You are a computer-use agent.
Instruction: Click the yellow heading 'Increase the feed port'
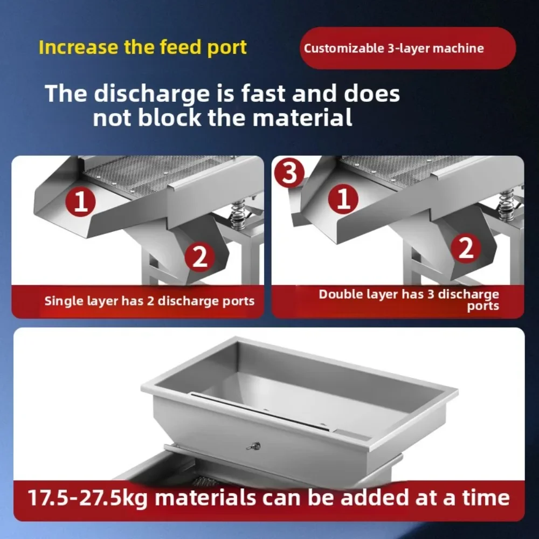pos(143,47)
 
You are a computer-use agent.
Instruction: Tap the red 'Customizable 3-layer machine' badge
pos(407,48)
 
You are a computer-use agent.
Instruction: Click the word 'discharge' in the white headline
pos(151,94)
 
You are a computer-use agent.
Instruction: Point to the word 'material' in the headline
pos(302,118)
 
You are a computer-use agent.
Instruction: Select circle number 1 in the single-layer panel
pos(80,202)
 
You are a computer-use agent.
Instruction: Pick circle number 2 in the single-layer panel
pos(200,257)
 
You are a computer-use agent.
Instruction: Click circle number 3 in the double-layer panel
pos(289,173)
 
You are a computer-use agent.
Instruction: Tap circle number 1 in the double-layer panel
pos(343,199)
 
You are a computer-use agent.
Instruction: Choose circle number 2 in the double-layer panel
pos(466,248)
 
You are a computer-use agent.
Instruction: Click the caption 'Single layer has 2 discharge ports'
pos(149,301)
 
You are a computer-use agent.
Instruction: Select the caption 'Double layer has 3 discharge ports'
pos(409,300)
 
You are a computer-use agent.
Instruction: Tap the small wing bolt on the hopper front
pos(253,446)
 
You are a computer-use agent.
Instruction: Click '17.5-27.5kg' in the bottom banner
pos(88,497)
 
